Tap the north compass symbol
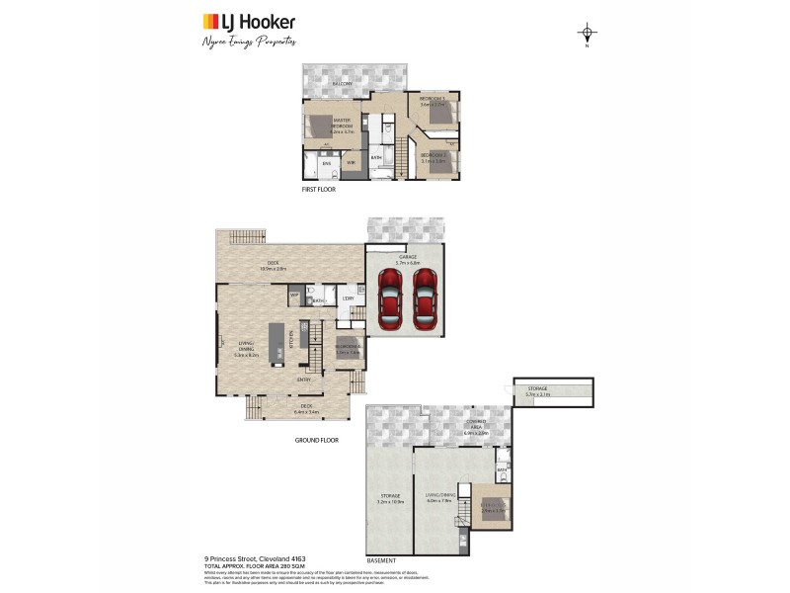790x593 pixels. (588, 35)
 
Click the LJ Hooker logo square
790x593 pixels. (210, 21)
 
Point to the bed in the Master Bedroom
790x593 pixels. (320, 126)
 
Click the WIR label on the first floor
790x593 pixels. (351, 162)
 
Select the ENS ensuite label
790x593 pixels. (313, 162)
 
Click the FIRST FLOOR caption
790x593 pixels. (319, 189)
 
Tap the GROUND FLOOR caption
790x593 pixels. (316, 440)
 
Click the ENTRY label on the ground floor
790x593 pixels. (305, 379)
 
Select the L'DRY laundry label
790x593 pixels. (348, 298)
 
